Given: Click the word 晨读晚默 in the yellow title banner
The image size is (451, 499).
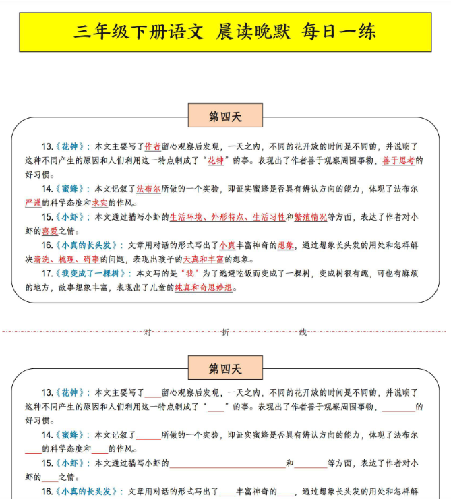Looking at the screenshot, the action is (252, 32).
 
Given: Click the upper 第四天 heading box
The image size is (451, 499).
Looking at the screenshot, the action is (225, 117).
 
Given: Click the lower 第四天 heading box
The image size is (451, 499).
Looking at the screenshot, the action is (225, 368).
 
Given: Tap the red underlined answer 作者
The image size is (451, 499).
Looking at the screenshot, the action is (152, 146).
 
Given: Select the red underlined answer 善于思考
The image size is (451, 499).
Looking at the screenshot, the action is (398, 160).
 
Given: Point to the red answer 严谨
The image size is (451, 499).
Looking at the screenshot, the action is (33, 203).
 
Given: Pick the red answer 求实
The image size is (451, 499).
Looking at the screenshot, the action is (100, 203).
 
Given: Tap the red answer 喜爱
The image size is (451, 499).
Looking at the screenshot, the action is (50, 231).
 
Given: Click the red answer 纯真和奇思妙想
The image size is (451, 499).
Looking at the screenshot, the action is (204, 287).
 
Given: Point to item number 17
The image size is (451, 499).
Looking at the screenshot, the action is (47, 274).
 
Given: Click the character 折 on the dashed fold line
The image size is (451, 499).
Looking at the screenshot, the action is (225, 331).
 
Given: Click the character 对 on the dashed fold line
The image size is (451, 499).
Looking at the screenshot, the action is (148, 331).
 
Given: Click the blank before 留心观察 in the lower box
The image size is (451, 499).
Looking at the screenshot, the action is (153, 393).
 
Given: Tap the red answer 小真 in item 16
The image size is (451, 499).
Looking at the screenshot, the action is (227, 245).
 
